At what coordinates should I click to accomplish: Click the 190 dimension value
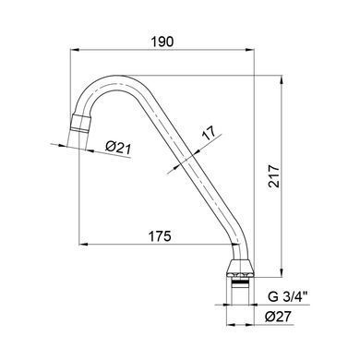point(162,42)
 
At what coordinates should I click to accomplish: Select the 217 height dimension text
point(273,176)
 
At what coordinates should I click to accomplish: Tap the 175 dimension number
point(160,236)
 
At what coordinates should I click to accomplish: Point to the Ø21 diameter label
point(118,148)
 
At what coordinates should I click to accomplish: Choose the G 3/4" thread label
point(288,297)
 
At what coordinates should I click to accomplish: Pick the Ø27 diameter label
point(278,317)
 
